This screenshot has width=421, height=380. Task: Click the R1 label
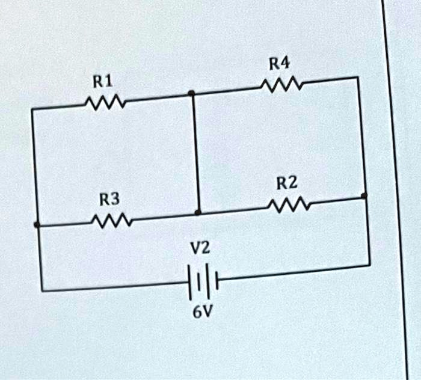tap(103, 81)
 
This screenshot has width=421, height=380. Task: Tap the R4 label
tap(278, 62)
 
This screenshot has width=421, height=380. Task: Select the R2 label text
tap(286, 183)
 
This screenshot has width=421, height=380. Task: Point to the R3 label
tap(109, 198)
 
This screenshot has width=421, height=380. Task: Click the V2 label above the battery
tap(200, 247)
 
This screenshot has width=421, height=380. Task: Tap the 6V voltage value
tap(201, 313)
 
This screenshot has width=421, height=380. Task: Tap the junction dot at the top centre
tap(191, 93)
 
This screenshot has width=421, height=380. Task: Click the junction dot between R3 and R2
tap(198, 213)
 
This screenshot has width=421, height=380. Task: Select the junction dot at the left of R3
tap(37, 225)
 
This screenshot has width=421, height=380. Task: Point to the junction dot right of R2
tap(364, 196)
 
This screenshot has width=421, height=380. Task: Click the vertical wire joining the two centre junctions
tap(195, 153)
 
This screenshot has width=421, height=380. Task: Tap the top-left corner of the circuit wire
tap(32, 109)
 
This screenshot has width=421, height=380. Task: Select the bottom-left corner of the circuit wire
tap(41, 291)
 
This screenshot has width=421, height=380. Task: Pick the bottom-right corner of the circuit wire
tap(369, 265)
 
